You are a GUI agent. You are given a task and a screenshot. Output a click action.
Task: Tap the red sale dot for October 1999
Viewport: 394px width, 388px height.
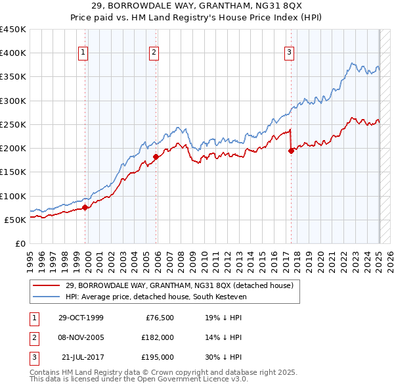[85, 208]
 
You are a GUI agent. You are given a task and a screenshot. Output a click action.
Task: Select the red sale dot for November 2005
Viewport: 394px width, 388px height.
[156, 157]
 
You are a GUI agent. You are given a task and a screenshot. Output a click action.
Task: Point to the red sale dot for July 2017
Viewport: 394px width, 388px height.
[291, 151]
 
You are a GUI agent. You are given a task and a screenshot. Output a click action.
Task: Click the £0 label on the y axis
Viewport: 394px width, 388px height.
[20, 243]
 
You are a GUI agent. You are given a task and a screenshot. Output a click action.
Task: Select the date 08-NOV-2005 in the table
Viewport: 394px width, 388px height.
[81, 337]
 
